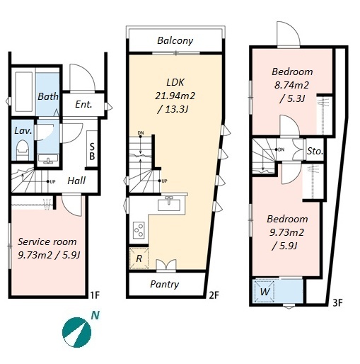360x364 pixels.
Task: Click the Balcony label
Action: pyautogui.click(x=175, y=41)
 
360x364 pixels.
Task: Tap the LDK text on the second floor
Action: pyautogui.click(x=175, y=82)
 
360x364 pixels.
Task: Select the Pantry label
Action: pyautogui.click(x=164, y=284)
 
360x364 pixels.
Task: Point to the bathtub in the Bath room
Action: pyautogui.click(x=24, y=91)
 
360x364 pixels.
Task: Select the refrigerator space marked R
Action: pyautogui.click(x=139, y=258)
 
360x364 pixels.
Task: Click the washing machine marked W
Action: pyautogui.click(x=265, y=291)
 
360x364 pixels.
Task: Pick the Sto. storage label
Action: pyautogui.click(x=315, y=151)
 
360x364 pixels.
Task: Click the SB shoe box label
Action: pyautogui.click(x=92, y=152)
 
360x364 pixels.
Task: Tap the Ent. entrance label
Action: pyautogui.click(x=83, y=104)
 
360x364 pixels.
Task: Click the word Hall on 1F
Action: pyautogui.click(x=76, y=181)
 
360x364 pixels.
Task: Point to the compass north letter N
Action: pyautogui.click(x=95, y=315)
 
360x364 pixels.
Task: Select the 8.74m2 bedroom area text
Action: pyautogui.click(x=291, y=85)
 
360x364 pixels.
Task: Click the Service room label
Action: pyautogui.click(x=47, y=241)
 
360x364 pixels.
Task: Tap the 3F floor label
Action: pyautogui.click(x=337, y=302)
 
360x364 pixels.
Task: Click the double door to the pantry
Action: pyautogui.click(x=166, y=266)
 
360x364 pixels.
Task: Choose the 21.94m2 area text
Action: pyautogui.click(x=175, y=96)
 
